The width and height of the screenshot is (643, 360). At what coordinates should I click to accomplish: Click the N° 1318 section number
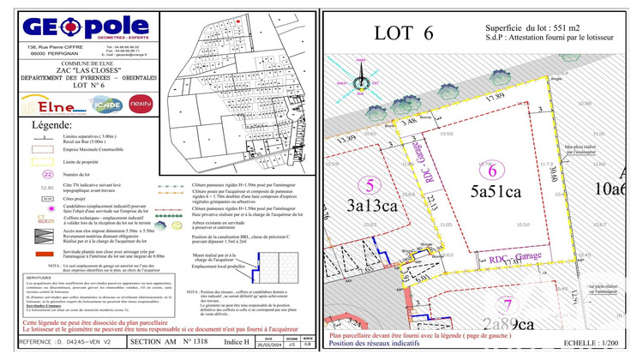point(203,340)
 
